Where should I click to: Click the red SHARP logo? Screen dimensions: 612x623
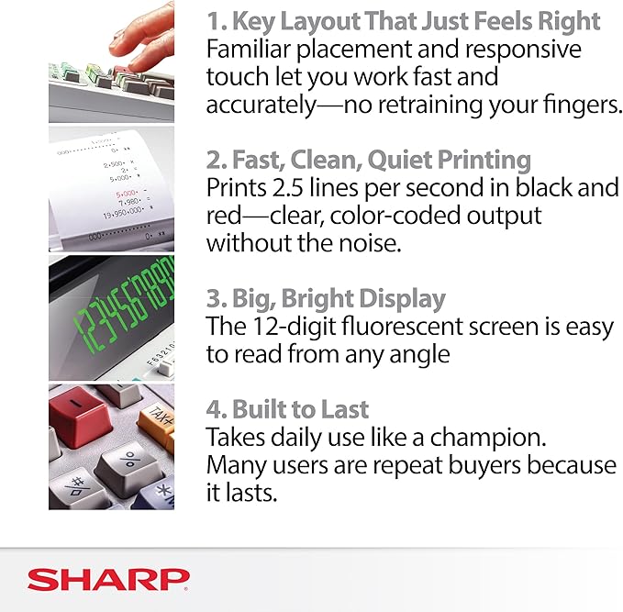click(107, 578)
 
